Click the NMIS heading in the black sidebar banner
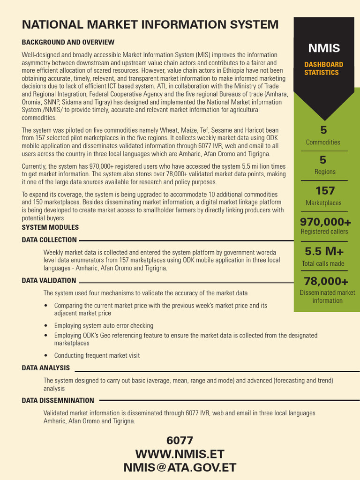point(324,48)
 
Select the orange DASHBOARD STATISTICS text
point(324,68)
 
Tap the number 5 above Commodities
point(323,130)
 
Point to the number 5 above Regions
point(323,160)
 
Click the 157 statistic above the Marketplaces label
point(325,191)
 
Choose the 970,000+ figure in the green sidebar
point(325,222)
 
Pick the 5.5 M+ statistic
point(324,252)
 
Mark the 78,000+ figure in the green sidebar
point(326,281)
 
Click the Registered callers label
point(324,232)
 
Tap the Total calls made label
point(323,263)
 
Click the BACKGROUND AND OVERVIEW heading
point(68,42)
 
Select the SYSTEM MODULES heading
point(50,227)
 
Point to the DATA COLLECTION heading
point(49,240)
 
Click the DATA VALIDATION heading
point(49,280)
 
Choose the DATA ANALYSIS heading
point(46,368)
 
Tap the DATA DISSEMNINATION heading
point(58,401)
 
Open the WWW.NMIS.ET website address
point(180,454)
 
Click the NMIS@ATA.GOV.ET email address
point(180,467)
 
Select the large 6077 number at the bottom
point(180,441)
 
